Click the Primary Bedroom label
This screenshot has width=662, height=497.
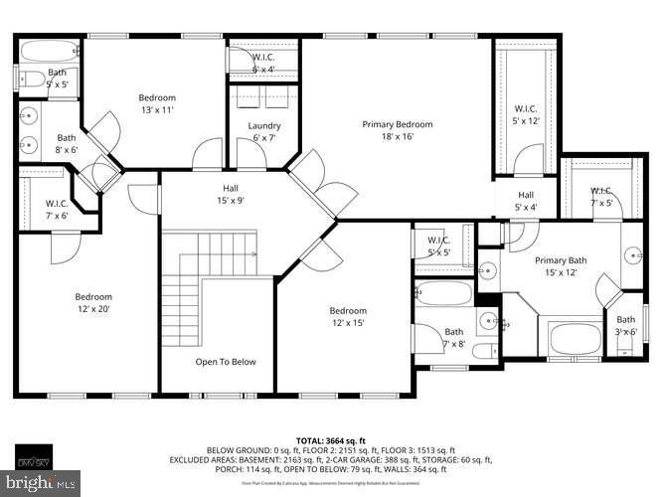tap(397, 130)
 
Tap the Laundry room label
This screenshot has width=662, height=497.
tap(263, 132)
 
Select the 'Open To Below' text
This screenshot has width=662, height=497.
tap(225, 362)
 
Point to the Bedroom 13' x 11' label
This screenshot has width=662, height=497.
tap(156, 103)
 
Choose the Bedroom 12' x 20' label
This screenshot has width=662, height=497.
tap(94, 303)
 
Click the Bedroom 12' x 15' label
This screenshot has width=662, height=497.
tap(348, 317)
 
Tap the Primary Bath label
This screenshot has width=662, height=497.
tap(563, 266)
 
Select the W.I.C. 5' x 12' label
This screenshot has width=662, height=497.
tap(525, 114)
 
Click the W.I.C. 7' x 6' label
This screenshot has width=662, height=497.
tap(56, 210)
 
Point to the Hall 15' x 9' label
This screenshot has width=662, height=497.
tap(230, 193)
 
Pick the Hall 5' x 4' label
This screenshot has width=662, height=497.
tap(525, 201)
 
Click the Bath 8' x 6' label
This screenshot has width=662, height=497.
tap(66, 144)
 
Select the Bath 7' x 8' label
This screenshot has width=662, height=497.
tap(453, 338)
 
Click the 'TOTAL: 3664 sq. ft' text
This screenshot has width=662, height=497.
tap(330, 439)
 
